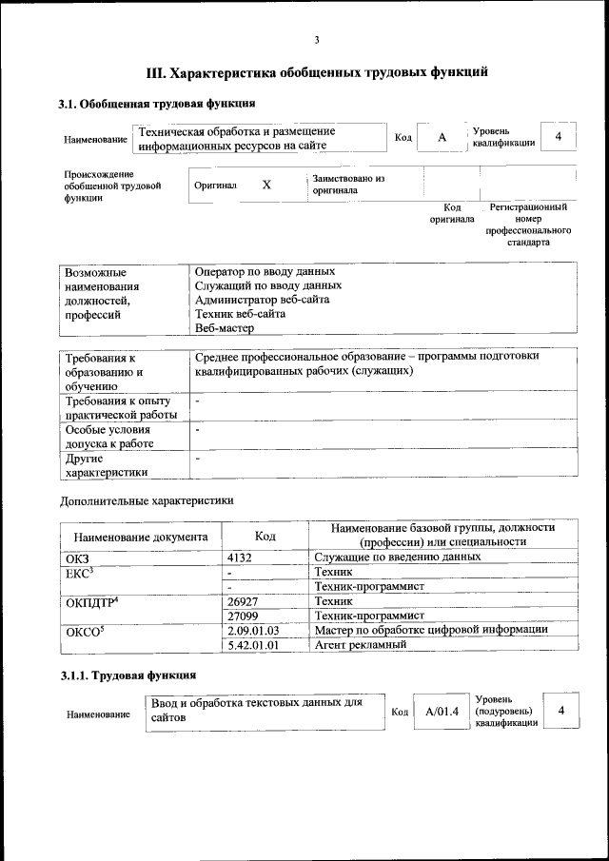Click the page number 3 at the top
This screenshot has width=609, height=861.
[x=317, y=39]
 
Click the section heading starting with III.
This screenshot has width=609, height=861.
[x=317, y=71]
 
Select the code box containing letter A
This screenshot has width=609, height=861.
[x=442, y=138]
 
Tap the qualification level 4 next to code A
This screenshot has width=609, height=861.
[x=559, y=137]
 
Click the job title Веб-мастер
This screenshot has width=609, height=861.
[x=224, y=328]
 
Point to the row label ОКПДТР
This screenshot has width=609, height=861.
[x=90, y=602]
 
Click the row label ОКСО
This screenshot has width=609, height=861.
[x=85, y=630]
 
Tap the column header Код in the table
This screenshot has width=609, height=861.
[x=265, y=537]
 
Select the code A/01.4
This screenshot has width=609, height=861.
[x=442, y=712]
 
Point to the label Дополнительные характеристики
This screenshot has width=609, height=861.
[x=146, y=499]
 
